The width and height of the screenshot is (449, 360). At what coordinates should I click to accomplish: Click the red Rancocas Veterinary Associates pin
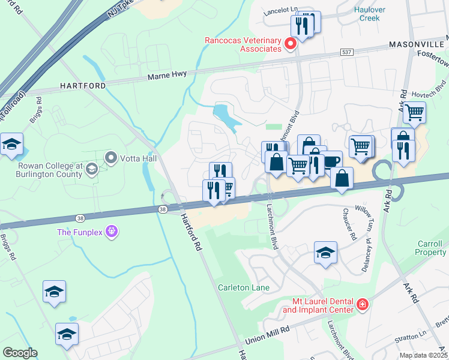click(291, 44)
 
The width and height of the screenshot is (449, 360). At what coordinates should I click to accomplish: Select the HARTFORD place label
click(83, 86)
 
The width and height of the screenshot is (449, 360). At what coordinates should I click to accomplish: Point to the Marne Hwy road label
click(167, 74)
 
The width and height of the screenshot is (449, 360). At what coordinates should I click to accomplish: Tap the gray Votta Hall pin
click(111, 158)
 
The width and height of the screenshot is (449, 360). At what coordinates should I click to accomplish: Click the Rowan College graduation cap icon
click(92, 169)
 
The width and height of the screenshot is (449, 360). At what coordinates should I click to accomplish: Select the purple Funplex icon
click(110, 231)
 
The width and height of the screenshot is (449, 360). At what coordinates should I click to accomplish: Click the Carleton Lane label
click(243, 287)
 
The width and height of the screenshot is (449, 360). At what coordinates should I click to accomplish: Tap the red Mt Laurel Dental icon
click(362, 305)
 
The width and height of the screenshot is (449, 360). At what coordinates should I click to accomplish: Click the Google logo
click(20, 352)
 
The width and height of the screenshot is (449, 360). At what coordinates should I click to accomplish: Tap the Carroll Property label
click(431, 248)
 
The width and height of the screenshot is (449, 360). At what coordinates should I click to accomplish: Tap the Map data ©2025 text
click(423, 355)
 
